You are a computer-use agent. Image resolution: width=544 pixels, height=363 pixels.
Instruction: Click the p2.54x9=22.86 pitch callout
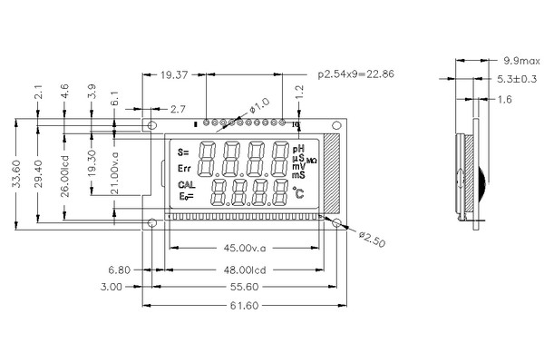click(356, 73)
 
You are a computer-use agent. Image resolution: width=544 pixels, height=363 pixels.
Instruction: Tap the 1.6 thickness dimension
click(505, 99)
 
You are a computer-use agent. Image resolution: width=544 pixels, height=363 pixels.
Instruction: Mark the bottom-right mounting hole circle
click(337, 222)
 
